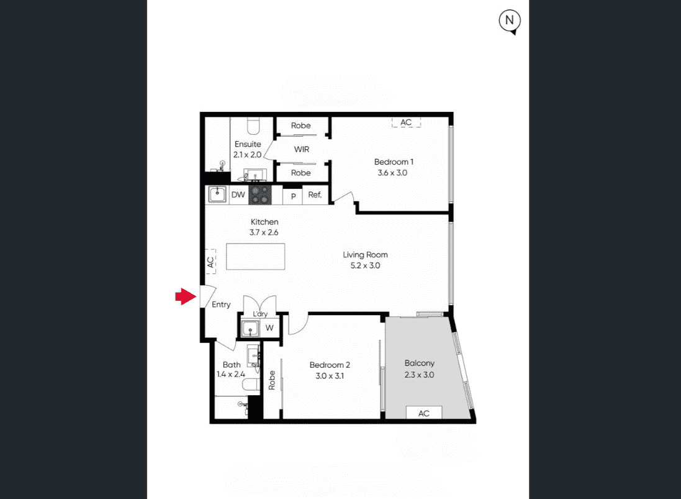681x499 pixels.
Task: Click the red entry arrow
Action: click(186, 296)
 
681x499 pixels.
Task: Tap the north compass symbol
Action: click(510, 21)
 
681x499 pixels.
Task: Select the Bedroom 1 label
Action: click(394, 162)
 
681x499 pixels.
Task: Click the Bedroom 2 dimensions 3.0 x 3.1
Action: click(330, 376)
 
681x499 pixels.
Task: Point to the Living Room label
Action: click(365, 255)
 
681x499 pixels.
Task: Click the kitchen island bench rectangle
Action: click(255, 257)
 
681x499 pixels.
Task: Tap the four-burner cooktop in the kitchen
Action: click(259, 195)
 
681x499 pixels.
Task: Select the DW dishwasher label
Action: click(238, 195)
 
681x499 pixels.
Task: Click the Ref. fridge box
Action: click(315, 195)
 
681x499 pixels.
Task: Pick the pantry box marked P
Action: click(293, 196)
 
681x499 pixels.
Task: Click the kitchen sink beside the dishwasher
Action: click(217, 195)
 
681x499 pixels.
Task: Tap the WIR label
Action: click(302, 150)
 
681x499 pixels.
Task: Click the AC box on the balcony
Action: click(424, 413)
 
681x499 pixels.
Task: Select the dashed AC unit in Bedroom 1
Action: click(406, 122)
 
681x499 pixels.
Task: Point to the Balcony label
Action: click(420, 363)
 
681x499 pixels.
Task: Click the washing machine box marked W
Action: click(269, 327)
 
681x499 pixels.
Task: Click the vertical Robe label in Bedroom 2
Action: click(272, 380)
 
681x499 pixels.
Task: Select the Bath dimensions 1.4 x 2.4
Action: click(230, 374)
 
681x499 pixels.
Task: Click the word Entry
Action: click(221, 304)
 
